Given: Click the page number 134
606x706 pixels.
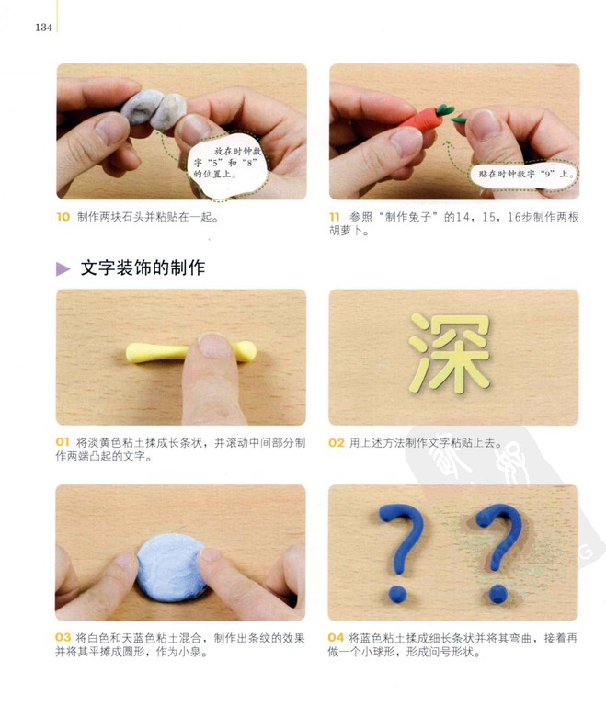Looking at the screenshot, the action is point(44,27).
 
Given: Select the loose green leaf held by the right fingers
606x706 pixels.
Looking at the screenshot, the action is point(459,120).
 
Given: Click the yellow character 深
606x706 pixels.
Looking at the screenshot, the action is point(450,352).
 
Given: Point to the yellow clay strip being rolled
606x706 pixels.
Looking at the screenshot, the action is point(191,352).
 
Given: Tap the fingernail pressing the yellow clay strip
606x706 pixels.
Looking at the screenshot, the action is point(214,346).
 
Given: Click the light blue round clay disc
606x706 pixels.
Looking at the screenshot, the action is point(171,567).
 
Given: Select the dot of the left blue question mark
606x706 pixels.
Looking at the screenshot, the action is point(398,594).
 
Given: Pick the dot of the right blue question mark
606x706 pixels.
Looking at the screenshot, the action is point(497,594).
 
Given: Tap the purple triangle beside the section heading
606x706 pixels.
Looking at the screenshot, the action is point(63,268).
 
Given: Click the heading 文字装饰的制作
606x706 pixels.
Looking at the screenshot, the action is point(143,268).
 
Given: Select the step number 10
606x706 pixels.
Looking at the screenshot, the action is point(63,217).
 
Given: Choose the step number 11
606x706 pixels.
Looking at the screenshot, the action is point(335,217).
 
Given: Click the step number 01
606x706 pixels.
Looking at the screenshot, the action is point(63,442).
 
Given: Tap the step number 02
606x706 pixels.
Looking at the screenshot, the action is point(337,442).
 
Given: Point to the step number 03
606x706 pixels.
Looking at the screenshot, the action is point(63,638).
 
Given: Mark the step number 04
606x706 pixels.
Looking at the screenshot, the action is point(336,638).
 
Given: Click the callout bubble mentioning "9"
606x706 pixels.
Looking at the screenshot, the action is point(525,174).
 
